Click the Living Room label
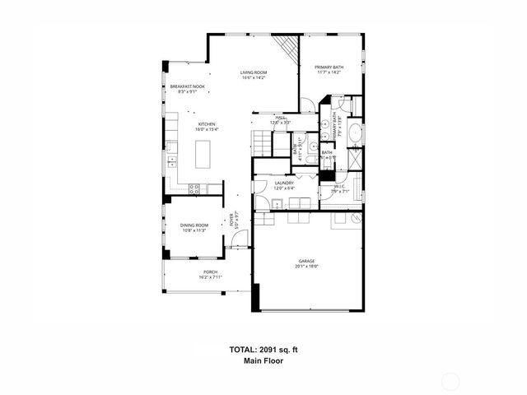click(253, 75)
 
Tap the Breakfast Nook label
click(188, 88)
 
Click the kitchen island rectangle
click(202, 154)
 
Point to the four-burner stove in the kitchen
click(194, 188)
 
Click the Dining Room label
click(194, 227)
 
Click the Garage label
click(307, 263)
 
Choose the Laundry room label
click(285, 185)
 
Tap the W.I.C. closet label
click(339, 188)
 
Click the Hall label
click(281, 119)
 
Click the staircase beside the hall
click(262, 144)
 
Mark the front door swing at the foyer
click(239, 239)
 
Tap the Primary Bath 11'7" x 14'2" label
click(329, 69)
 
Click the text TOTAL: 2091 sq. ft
click(263, 350)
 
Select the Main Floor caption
click(263, 361)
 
